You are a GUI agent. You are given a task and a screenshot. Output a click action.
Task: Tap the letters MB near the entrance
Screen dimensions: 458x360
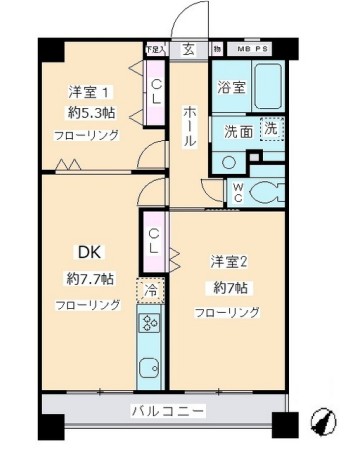click(x=244, y=46)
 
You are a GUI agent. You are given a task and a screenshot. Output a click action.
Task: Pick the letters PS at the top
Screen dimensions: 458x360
click(x=267, y=46)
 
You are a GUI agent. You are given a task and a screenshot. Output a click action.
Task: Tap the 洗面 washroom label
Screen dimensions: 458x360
click(x=236, y=130)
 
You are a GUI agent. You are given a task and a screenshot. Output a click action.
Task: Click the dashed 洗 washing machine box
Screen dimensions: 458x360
click(x=270, y=128)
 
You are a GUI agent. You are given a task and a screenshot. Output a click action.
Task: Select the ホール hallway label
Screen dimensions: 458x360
click(x=188, y=125)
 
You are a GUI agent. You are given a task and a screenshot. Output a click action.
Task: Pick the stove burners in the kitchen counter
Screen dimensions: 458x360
click(x=150, y=324)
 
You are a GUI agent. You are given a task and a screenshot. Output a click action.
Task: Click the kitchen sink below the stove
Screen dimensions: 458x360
click(x=150, y=365)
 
